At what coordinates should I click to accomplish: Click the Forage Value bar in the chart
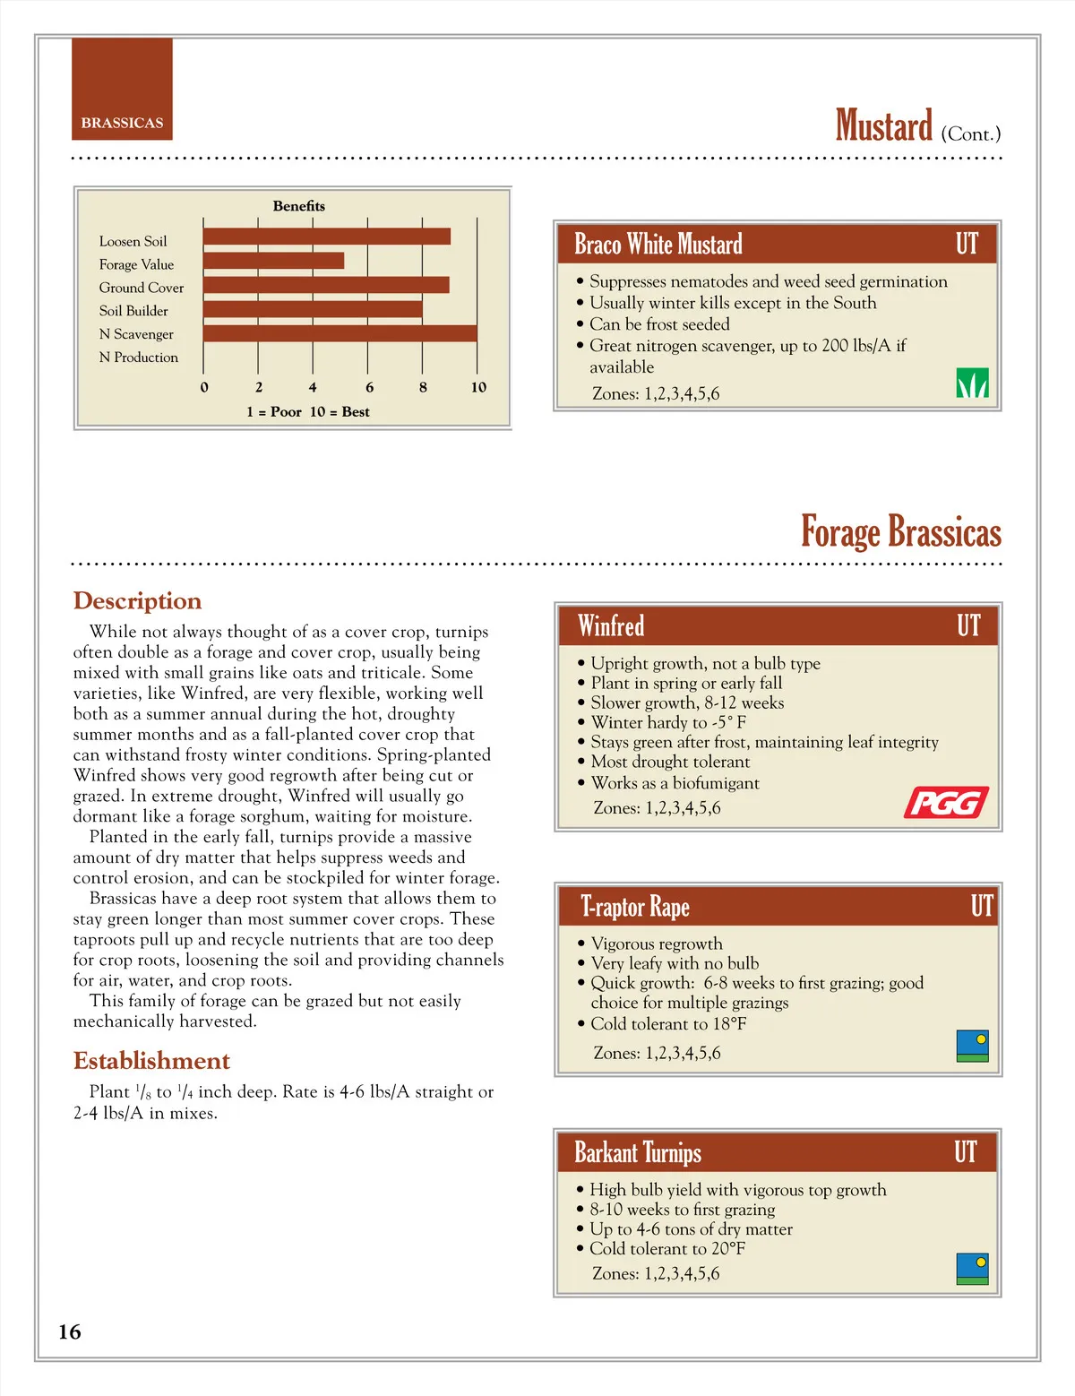[273, 261]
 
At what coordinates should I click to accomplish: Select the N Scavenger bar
[340, 333]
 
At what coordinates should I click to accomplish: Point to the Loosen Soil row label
[133, 241]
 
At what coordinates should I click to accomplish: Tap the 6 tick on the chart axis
[369, 387]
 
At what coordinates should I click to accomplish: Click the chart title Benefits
[299, 206]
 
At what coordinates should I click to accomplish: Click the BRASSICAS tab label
[122, 123]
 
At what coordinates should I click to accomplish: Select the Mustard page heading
[884, 126]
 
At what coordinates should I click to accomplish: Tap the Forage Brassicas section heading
[900, 531]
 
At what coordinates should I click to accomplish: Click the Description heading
[137, 600]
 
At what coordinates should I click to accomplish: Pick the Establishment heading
[151, 1061]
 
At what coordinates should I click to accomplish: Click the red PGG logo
[946, 803]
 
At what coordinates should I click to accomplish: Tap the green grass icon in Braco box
[972, 383]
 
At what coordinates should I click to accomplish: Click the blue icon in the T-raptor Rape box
[972, 1046]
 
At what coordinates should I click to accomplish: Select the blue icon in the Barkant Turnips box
[972, 1268]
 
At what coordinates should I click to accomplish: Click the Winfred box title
[611, 625]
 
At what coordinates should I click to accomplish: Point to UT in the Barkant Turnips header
[965, 1151]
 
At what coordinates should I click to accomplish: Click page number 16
[70, 1331]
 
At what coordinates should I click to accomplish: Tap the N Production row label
[139, 358]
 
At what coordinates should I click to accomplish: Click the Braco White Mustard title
[658, 244]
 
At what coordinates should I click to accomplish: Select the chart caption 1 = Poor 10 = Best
[307, 412]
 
